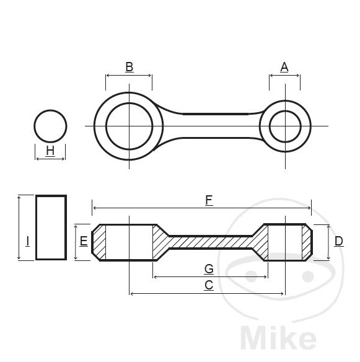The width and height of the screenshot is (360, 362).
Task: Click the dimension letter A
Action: [x=284, y=67]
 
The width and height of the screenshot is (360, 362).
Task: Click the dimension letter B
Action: [x=129, y=67]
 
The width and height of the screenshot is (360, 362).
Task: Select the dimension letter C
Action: [x=209, y=285]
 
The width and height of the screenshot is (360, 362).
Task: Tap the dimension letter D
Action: [x=338, y=241]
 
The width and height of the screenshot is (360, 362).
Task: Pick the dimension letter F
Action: [x=209, y=200]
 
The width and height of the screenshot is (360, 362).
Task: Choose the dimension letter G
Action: [x=209, y=268]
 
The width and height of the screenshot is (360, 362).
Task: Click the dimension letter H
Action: [x=50, y=151]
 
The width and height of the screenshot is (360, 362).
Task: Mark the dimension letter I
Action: [x=27, y=241]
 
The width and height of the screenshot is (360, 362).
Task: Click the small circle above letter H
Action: [x=50, y=126]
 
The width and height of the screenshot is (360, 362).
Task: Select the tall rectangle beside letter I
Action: [x=51, y=227]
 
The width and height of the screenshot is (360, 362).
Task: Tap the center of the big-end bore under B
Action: [x=129, y=126]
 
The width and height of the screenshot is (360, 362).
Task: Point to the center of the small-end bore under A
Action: [x=285, y=126]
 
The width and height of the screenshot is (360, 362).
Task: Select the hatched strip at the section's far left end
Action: [x=100, y=242]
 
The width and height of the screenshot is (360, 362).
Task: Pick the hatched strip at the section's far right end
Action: [x=305, y=242]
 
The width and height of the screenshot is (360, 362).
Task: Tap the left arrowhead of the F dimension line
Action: [x=94, y=208]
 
